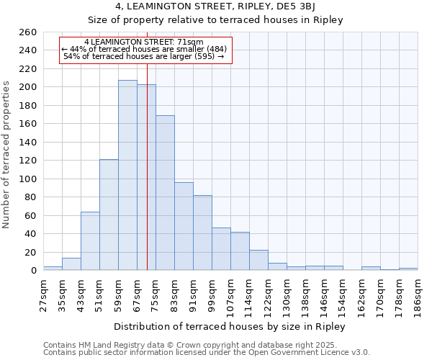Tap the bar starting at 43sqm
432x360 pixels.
click(x=90, y=241)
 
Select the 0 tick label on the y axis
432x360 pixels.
click(x=34, y=271)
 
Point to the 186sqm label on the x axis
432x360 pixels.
click(x=418, y=296)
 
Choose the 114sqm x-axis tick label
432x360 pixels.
click(x=249, y=296)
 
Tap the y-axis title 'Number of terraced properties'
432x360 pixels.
click(x=6, y=154)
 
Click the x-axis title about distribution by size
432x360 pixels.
click(x=230, y=326)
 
